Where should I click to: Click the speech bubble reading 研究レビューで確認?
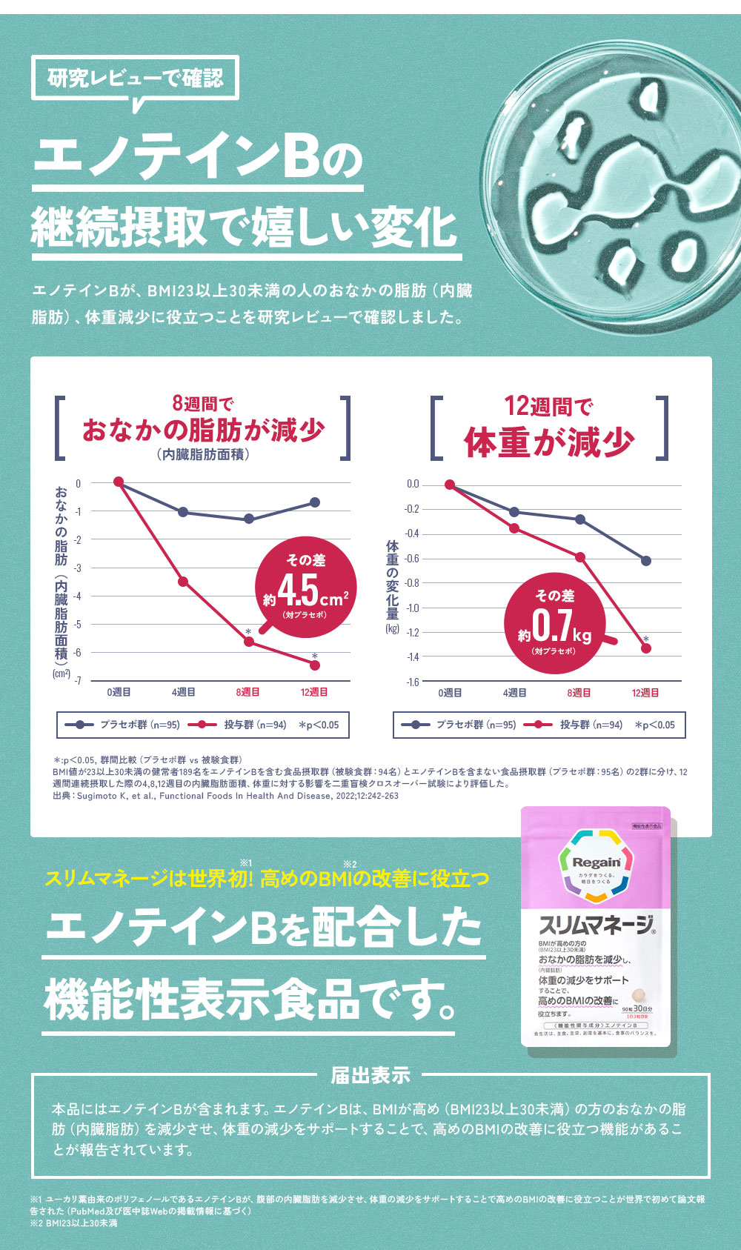(x=135, y=78)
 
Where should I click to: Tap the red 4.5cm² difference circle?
(x=305, y=587)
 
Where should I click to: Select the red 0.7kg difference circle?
(x=554, y=623)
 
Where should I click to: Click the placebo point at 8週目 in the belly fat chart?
(x=249, y=519)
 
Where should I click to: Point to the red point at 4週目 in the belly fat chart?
(x=183, y=582)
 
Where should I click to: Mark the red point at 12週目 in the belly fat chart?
(x=315, y=665)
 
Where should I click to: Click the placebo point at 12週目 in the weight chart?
(x=646, y=561)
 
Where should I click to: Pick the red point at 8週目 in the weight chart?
(x=580, y=557)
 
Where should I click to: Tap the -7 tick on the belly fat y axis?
(x=78, y=680)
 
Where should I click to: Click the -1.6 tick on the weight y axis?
(x=412, y=682)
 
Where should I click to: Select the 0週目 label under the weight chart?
(x=450, y=693)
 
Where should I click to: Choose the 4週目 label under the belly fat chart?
(x=183, y=692)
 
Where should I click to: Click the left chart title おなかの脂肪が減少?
(x=203, y=430)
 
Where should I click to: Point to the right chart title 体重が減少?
(x=549, y=442)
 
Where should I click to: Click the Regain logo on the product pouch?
(x=597, y=862)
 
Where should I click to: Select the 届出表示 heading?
(x=370, y=1075)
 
